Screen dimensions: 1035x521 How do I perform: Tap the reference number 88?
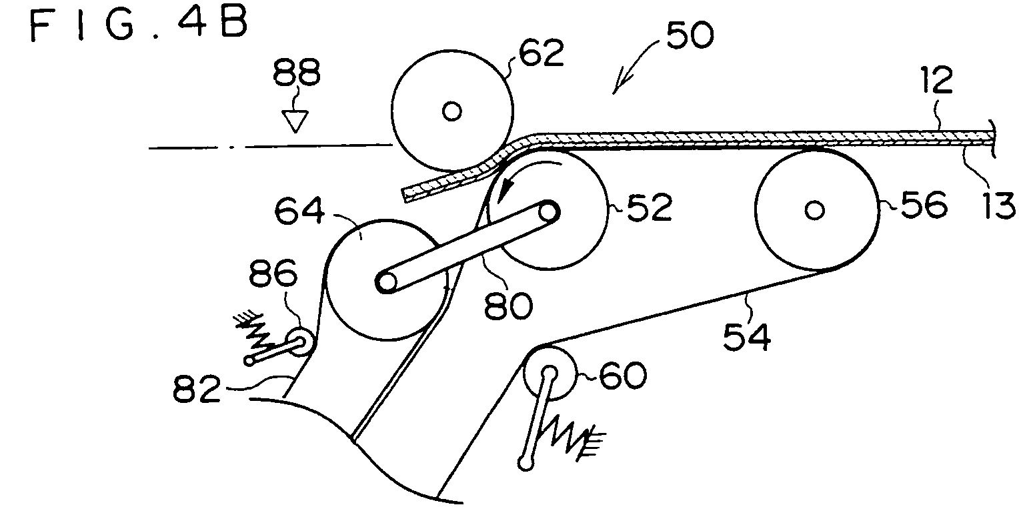pyautogui.click(x=297, y=73)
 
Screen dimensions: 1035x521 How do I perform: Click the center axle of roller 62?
pyautogui.click(x=452, y=111)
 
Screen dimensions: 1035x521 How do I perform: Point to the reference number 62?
pyautogui.click(x=542, y=53)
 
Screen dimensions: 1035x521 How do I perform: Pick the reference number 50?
pyautogui.click(x=690, y=35)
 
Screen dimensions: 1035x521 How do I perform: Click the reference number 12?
pyautogui.click(x=936, y=80)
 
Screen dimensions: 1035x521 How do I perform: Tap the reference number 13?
pyautogui.click(x=999, y=205)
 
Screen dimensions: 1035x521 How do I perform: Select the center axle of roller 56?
pyautogui.click(x=814, y=210)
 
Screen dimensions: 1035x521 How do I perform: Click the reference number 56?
pyautogui.click(x=924, y=204)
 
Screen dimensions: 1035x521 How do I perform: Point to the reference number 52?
pyautogui.click(x=649, y=207)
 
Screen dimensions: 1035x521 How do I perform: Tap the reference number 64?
pyautogui.click(x=299, y=211)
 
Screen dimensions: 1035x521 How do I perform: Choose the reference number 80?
pyautogui.click(x=508, y=306)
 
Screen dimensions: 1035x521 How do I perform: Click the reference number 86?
pyautogui.click(x=273, y=274)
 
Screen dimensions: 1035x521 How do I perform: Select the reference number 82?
pyautogui.click(x=197, y=388)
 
